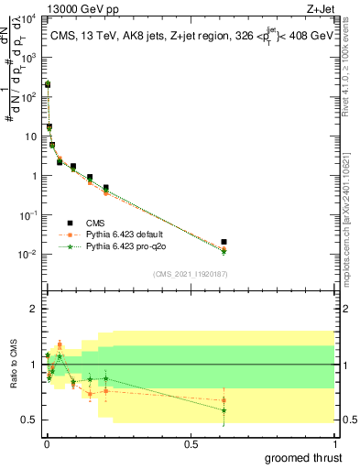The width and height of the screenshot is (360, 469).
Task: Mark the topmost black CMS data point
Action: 47,84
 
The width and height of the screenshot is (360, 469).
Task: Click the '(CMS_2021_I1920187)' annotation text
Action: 191,274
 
